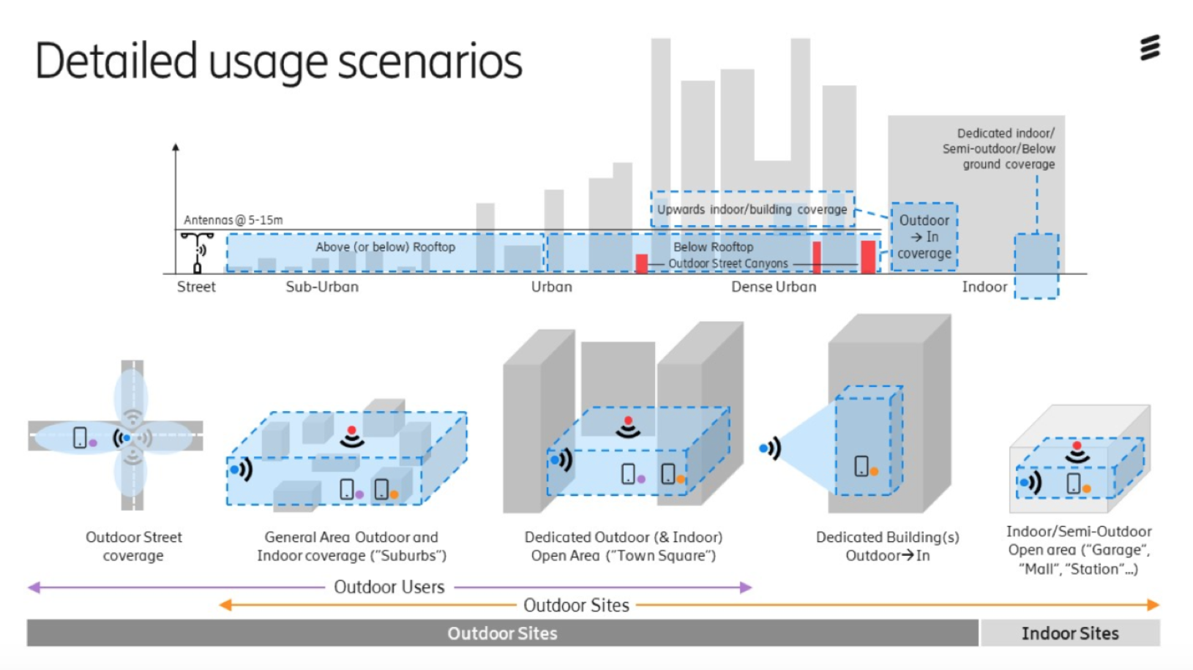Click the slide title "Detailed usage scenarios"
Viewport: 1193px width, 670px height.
(278, 61)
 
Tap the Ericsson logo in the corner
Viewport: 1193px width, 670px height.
(1150, 48)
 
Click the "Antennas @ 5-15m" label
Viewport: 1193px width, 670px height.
(233, 220)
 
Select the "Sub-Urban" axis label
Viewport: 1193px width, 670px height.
(322, 287)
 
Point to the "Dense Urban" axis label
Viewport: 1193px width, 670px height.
(774, 287)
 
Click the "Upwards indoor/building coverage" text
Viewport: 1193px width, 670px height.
(752, 210)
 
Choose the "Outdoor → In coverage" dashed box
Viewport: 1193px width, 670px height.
(924, 236)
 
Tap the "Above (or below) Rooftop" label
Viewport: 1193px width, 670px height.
(385, 247)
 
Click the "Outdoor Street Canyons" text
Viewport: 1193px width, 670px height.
(728, 263)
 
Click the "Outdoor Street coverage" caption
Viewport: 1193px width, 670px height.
(133, 546)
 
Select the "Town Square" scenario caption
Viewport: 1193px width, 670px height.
(624, 546)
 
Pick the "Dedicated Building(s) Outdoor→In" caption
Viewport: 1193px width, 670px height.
(887, 546)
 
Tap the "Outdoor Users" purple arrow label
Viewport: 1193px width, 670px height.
(389, 587)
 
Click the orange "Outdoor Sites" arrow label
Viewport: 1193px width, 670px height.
(576, 605)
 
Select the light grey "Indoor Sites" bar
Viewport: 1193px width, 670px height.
(1069, 633)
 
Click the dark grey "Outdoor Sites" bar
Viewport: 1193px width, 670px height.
(502, 633)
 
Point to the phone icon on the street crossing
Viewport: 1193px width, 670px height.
(80, 438)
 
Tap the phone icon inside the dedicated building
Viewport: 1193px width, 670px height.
(861, 466)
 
